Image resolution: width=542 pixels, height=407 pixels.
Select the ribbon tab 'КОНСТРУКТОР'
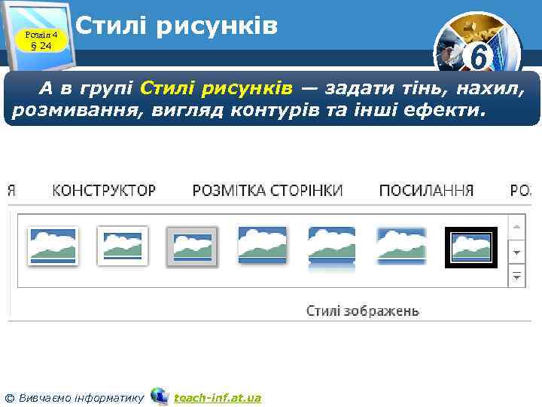click(x=104, y=190)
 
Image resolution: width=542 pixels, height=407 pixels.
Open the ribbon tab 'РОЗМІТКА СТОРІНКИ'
click(x=267, y=190)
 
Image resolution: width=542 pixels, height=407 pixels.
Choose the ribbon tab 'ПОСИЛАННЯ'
click(x=426, y=190)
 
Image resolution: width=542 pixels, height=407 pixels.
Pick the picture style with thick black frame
click(x=470, y=247)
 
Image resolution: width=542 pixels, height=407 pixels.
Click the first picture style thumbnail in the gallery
click(x=53, y=245)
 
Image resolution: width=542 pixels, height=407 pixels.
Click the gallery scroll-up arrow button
click(x=517, y=225)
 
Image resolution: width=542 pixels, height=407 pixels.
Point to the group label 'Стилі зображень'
click(x=362, y=311)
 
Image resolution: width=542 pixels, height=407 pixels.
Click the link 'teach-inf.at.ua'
click(x=218, y=397)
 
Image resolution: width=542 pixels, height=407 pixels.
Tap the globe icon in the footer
click(x=160, y=396)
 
